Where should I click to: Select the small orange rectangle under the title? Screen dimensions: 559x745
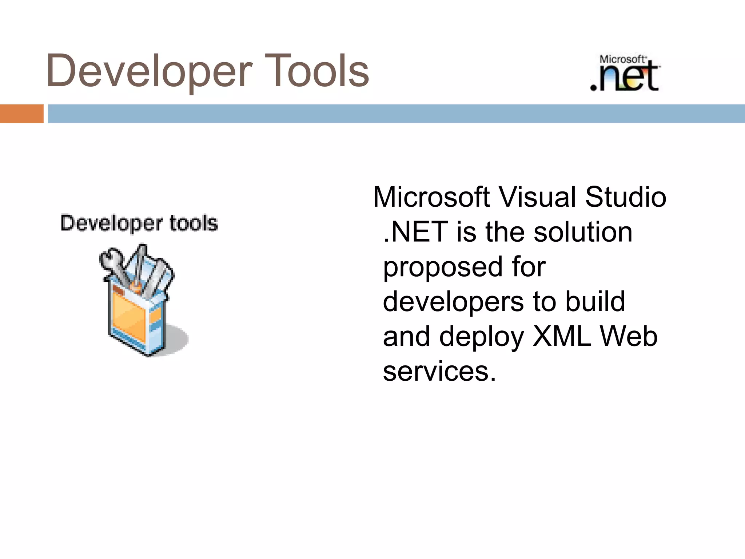21,114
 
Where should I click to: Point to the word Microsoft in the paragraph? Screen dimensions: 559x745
431,197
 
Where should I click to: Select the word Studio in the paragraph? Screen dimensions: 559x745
626,197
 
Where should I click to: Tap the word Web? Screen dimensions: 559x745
629,336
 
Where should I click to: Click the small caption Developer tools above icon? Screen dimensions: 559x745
139,223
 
